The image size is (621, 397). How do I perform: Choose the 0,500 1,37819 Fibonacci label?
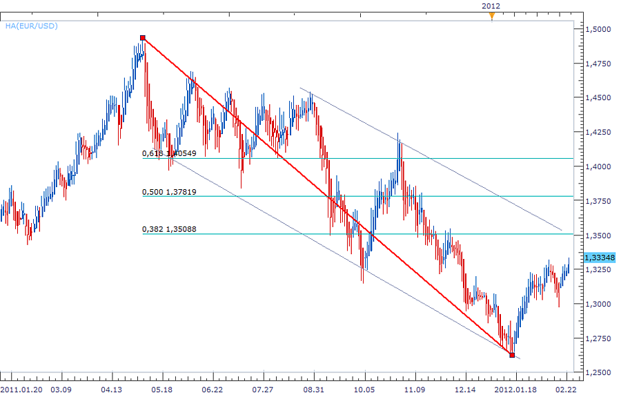click(169, 192)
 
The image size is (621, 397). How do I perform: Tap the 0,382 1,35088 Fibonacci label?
click(169, 229)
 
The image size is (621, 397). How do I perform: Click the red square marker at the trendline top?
click(142, 38)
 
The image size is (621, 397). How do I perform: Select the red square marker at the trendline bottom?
click(511, 355)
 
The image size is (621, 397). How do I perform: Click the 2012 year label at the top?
click(491, 5)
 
